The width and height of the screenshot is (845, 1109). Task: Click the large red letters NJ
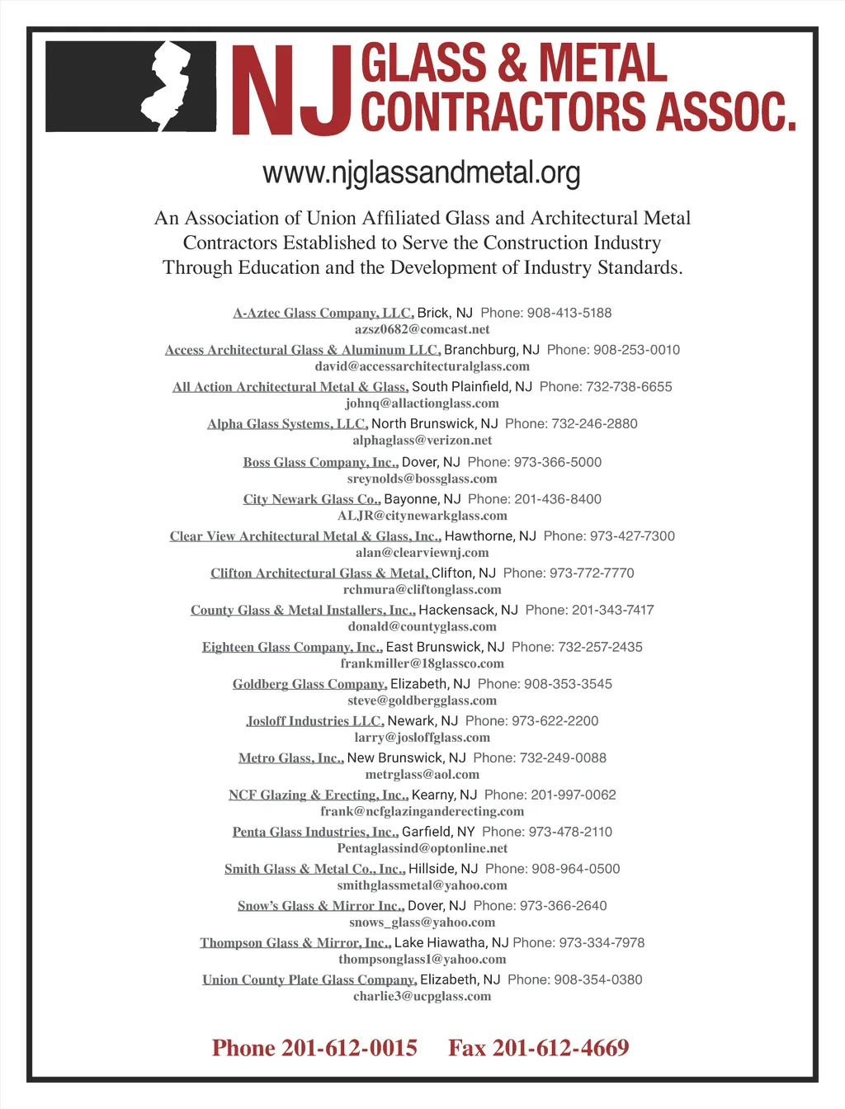[x=293, y=91]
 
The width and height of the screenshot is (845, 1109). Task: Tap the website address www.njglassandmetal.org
[x=422, y=173]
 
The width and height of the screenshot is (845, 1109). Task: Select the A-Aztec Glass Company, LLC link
[x=323, y=313]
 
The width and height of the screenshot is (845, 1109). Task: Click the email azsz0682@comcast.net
[x=422, y=329]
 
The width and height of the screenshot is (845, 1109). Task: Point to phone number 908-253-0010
[x=636, y=350]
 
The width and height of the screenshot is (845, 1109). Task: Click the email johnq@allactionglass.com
[x=422, y=403]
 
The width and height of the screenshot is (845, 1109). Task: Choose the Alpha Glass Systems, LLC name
[x=287, y=424]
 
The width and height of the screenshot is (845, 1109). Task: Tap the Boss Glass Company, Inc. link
[x=320, y=462]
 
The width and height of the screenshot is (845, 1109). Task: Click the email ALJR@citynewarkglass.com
[x=422, y=516]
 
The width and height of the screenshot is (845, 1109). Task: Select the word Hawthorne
[x=479, y=536]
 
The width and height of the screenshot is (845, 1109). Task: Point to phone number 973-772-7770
[x=592, y=573]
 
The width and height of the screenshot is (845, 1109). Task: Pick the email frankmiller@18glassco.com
[x=422, y=663]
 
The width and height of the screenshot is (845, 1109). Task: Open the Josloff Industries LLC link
[x=314, y=721]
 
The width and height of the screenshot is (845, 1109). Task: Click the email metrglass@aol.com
[x=422, y=775]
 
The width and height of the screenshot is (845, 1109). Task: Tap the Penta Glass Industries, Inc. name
[x=315, y=832]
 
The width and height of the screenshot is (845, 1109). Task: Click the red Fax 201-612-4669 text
[x=538, y=1048]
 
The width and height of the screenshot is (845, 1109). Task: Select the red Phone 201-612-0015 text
[x=314, y=1048]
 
